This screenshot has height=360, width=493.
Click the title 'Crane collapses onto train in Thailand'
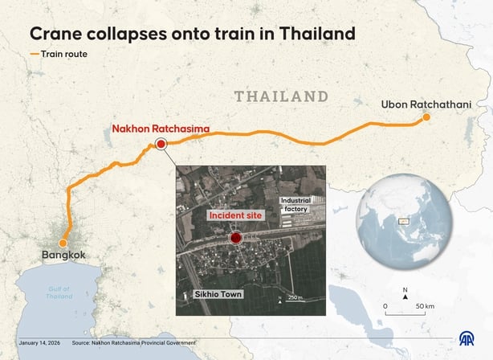[x=192, y=35]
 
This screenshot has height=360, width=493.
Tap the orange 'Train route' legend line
[x=35, y=55]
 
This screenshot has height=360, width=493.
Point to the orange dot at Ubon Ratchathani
[x=426, y=119]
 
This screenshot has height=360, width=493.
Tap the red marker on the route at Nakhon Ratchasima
[x=161, y=144]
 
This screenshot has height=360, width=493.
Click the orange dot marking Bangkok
[x=63, y=243]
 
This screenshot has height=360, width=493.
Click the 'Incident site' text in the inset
[x=235, y=215]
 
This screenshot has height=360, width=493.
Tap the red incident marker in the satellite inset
[x=236, y=238]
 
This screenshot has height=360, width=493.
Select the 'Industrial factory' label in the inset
[x=294, y=203]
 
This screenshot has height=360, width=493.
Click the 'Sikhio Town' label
[x=217, y=294]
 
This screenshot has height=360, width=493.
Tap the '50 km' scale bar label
[x=425, y=306]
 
